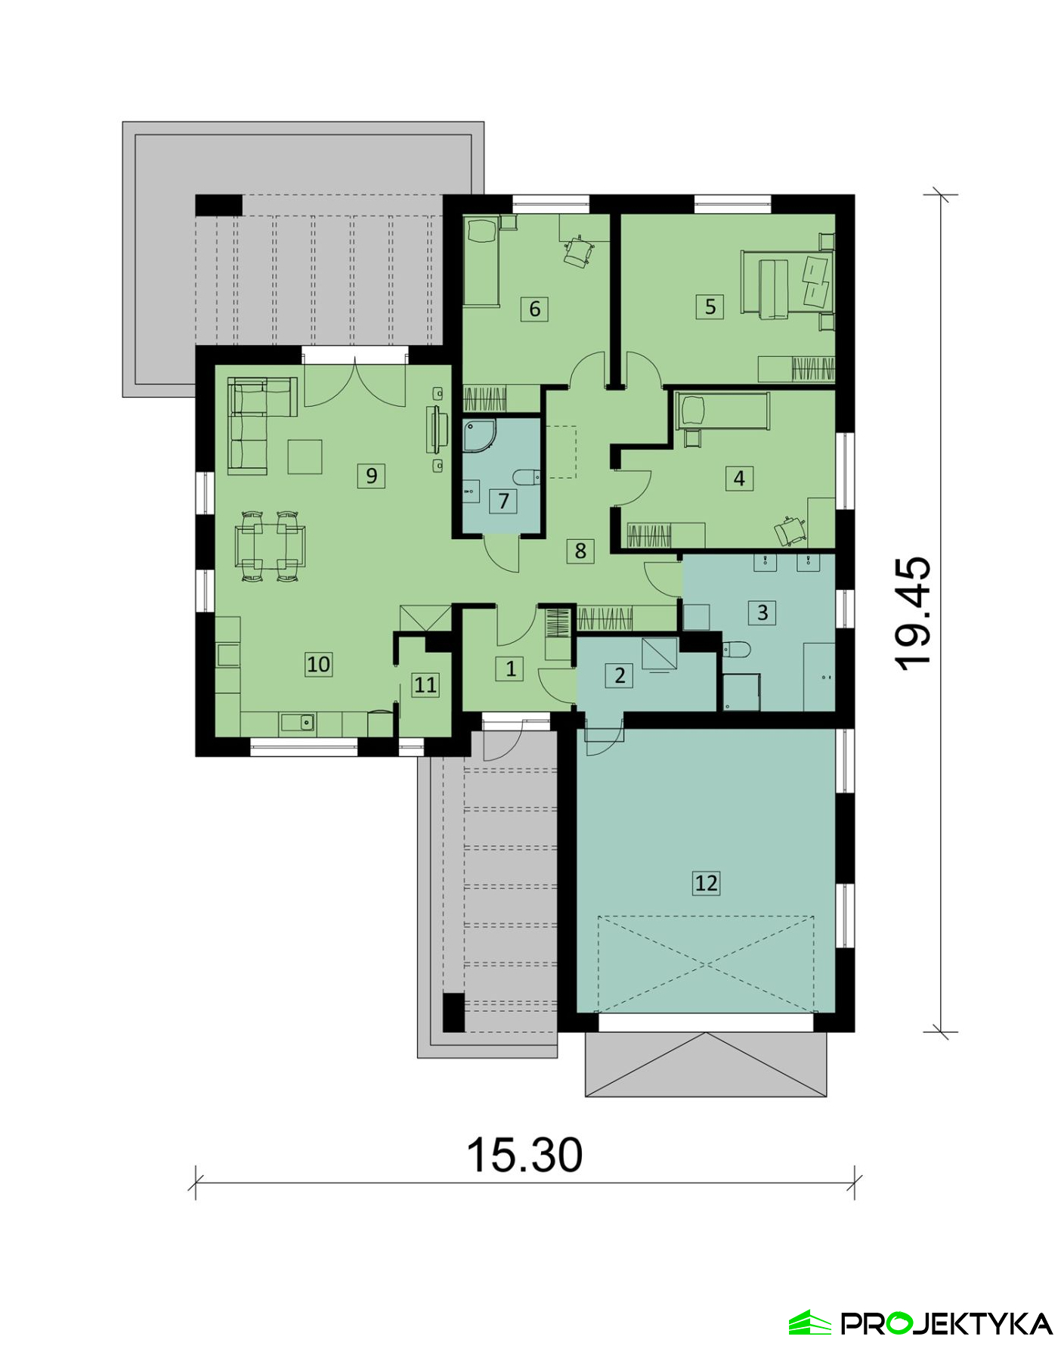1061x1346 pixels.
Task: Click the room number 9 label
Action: (371, 476)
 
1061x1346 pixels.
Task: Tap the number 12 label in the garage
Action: (706, 882)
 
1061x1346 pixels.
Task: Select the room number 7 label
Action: (503, 501)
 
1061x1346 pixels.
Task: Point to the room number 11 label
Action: (425, 685)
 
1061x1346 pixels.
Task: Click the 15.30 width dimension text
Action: (524, 1155)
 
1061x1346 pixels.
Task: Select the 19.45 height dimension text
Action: (913, 613)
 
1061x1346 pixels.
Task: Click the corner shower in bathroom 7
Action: (478, 436)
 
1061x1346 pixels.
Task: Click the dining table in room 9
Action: (270, 547)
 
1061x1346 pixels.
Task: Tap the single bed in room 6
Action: (481, 261)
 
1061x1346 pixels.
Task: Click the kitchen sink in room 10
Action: (297, 722)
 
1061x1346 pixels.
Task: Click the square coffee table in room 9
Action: (305, 457)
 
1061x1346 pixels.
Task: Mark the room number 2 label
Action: (620, 675)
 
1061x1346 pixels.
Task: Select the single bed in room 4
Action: (722, 411)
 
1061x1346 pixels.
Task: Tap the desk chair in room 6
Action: (578, 252)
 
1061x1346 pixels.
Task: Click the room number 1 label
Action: (510, 668)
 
